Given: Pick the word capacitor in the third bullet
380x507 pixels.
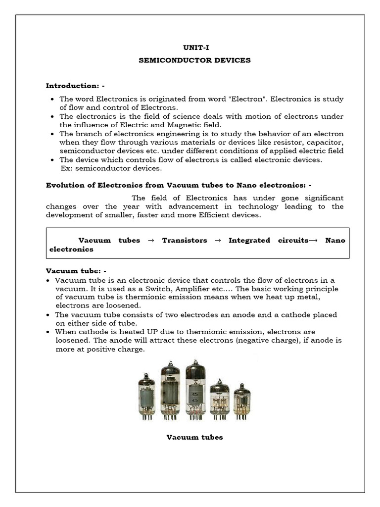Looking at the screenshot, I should click(x=327, y=143).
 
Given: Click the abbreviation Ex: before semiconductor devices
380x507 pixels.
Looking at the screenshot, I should click(x=66, y=168).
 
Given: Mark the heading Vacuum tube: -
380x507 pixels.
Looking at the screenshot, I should click(x=76, y=271).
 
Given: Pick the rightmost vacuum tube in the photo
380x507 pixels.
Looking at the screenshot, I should click(x=242, y=402).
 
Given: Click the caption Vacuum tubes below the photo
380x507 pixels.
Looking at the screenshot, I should click(x=194, y=437).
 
